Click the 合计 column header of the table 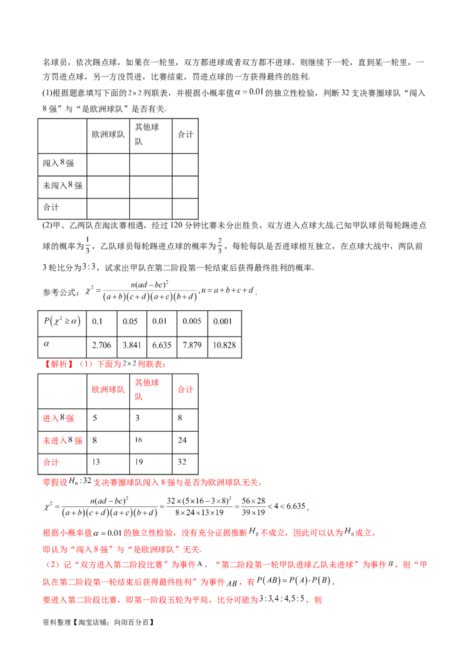point(185,389)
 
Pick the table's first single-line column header point(108,389)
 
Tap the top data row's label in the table point(58,419)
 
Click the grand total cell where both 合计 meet point(182,461)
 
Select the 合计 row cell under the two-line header point(139,461)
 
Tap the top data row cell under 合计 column point(180,419)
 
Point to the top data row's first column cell point(95,419)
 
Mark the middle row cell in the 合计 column point(182,440)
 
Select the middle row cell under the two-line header point(139,440)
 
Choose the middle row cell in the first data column point(96,440)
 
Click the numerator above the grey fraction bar point(147,284)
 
